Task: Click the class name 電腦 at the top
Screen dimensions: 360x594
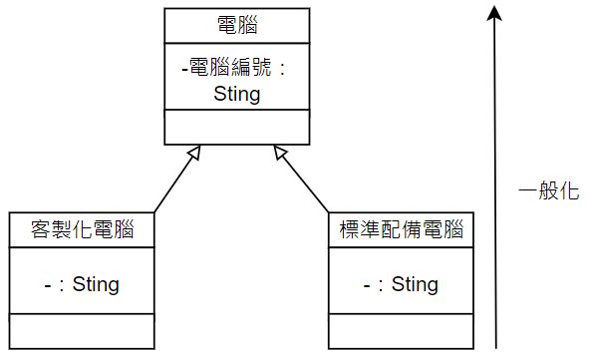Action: tap(236, 23)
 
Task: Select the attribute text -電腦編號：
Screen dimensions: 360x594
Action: tap(236, 70)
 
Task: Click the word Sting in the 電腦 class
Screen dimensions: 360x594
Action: tap(236, 95)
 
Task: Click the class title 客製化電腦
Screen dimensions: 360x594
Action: tap(82, 229)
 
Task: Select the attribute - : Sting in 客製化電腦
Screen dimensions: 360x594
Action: tap(82, 284)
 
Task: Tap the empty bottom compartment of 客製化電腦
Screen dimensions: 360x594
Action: tap(82, 332)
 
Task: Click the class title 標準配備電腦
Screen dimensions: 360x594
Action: tap(402, 229)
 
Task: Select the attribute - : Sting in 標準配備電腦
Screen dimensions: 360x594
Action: tap(402, 284)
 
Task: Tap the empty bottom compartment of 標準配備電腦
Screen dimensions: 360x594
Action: tap(402, 332)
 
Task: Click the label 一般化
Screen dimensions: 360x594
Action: tap(549, 193)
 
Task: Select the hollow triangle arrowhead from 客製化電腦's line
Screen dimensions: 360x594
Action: tap(195, 154)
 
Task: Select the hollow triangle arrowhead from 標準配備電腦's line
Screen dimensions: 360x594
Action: tap(281, 153)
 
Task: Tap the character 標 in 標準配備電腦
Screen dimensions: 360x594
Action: tap(348, 229)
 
